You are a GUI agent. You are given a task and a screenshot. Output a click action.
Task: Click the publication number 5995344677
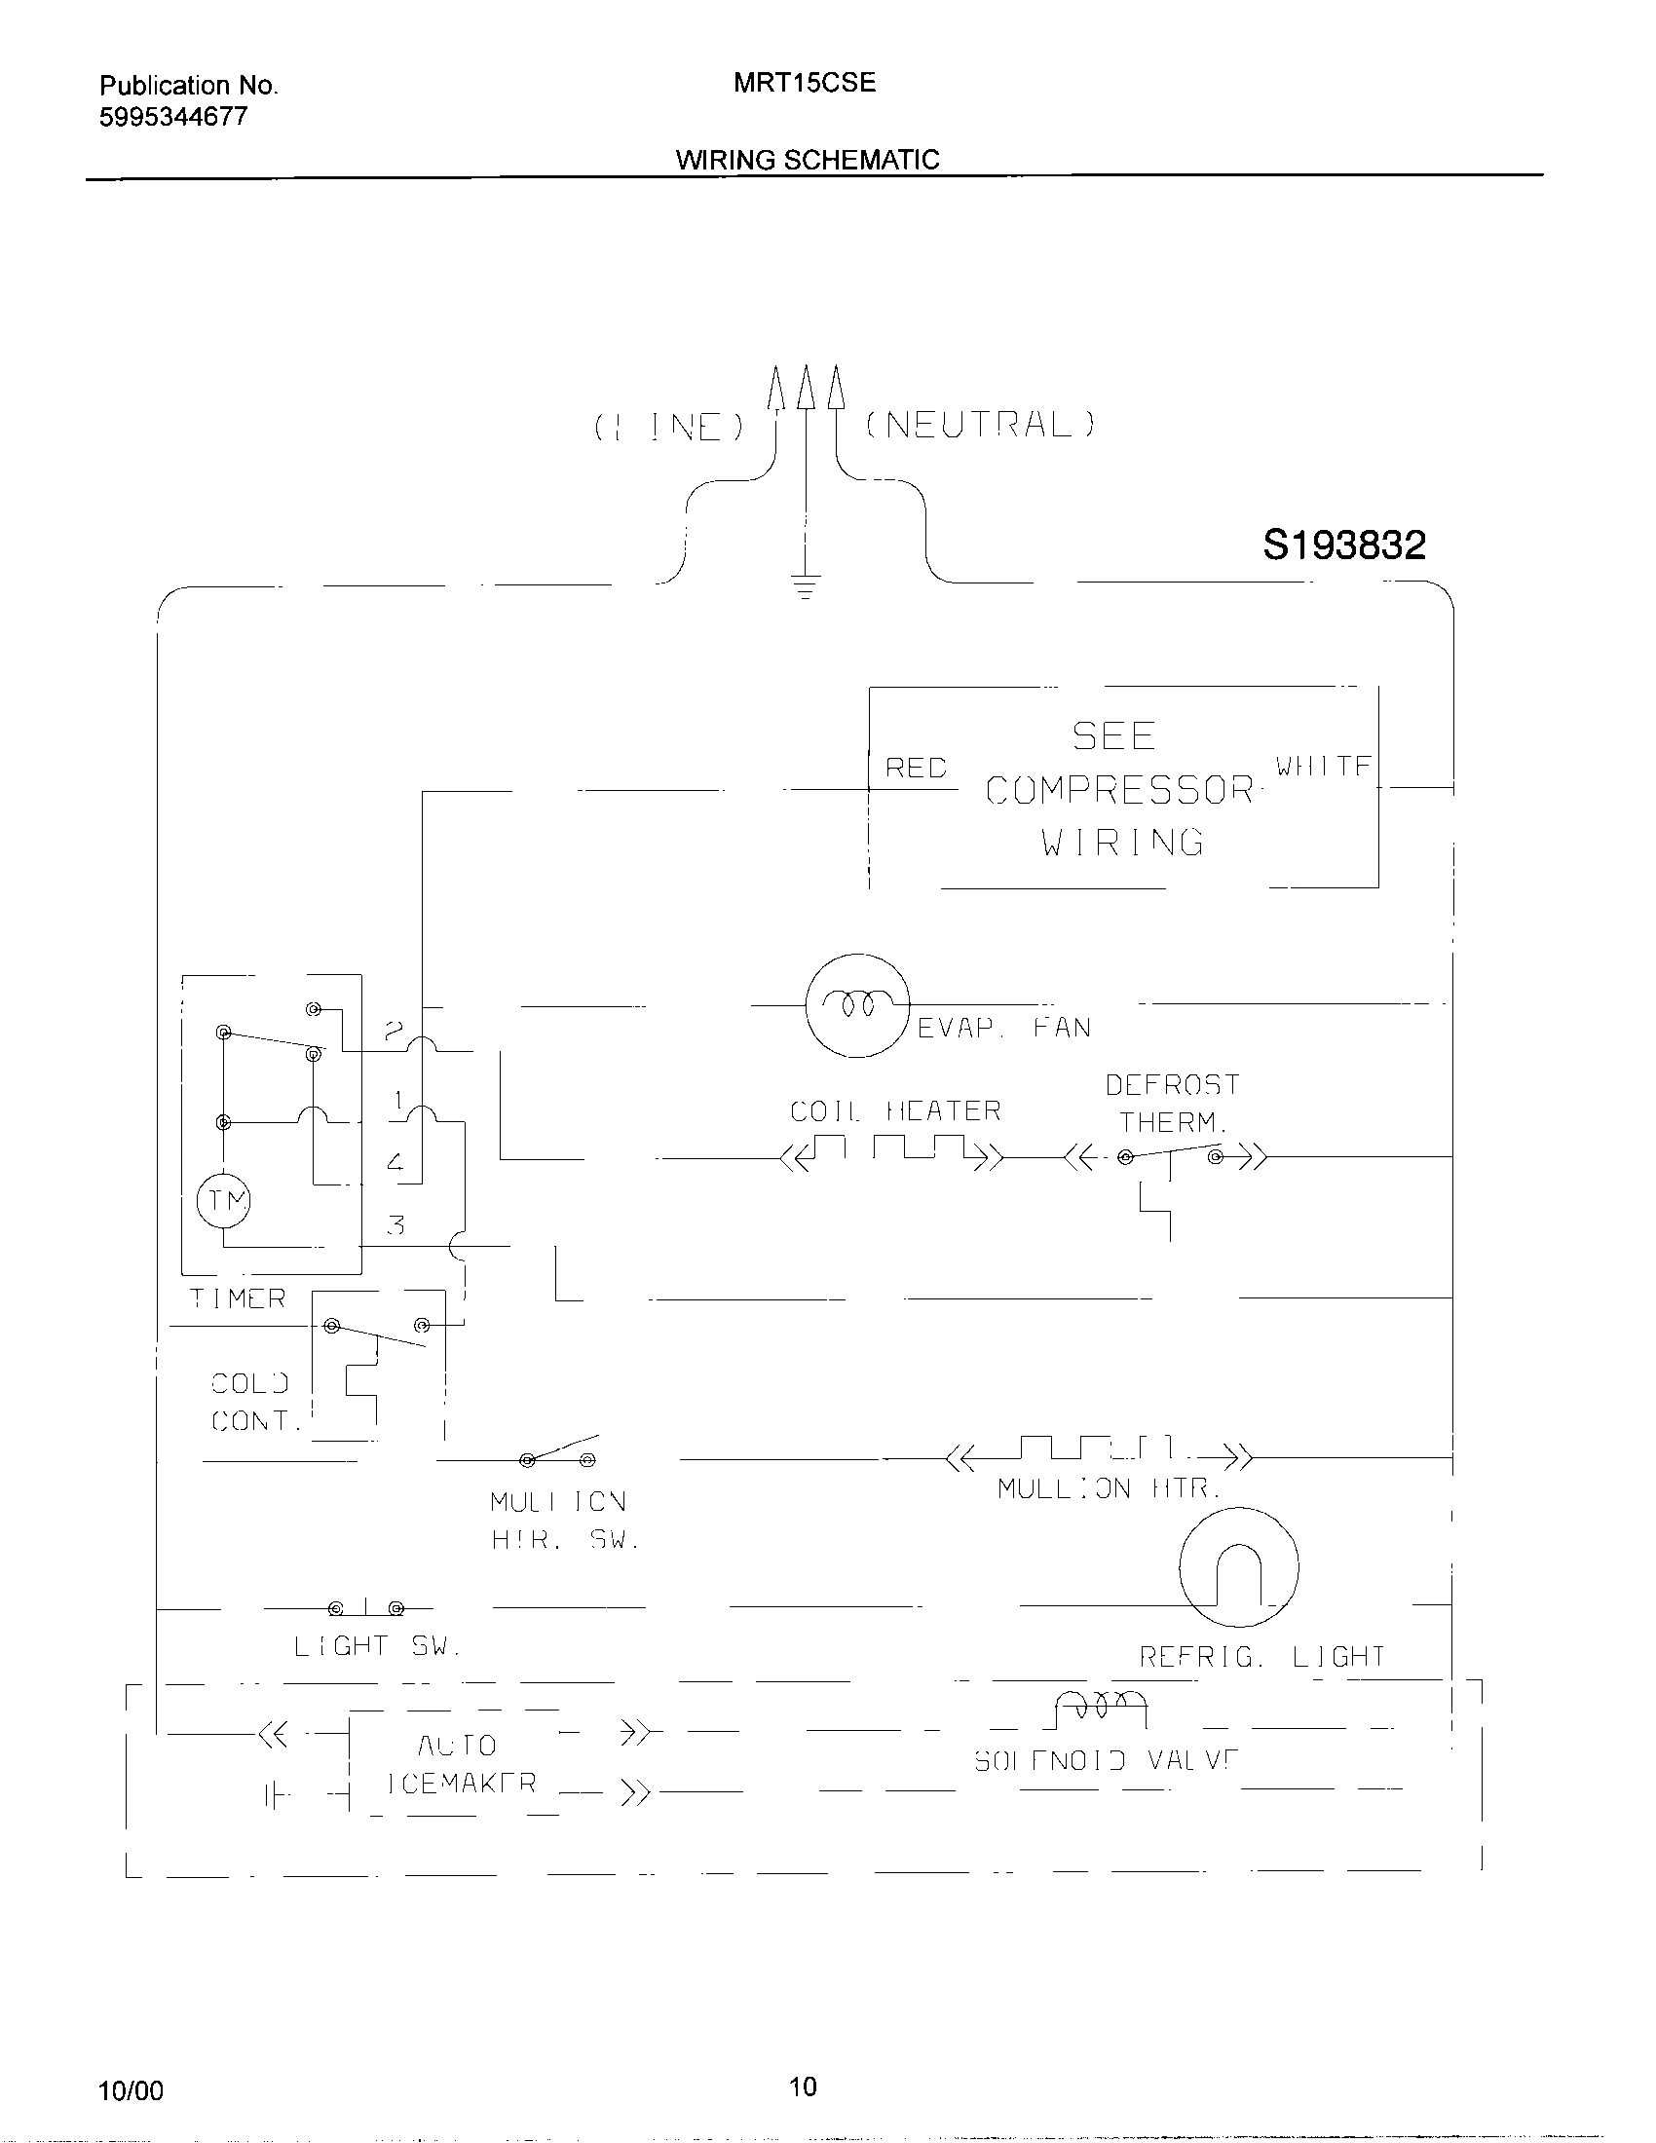pyautogui.click(x=173, y=117)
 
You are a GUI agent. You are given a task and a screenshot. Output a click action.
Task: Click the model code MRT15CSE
pyautogui.click(x=805, y=83)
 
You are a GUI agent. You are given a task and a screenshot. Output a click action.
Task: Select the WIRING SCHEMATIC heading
pyautogui.click(x=808, y=160)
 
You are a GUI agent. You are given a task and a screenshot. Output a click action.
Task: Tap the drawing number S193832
pyautogui.click(x=1344, y=545)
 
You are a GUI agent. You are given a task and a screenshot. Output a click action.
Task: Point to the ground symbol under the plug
pyautogui.click(x=806, y=586)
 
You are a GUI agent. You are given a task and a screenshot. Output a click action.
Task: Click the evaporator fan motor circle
pyautogui.click(x=857, y=1005)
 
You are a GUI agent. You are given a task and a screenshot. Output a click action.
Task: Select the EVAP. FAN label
pyautogui.click(x=1003, y=1028)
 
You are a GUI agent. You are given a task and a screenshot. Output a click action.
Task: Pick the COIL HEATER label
pyautogui.click(x=895, y=1110)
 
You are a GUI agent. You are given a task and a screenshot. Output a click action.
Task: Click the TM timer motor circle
pyautogui.click(x=225, y=1200)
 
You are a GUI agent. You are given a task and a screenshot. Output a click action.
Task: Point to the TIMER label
pyautogui.click(x=238, y=1298)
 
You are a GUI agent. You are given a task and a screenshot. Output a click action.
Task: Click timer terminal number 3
pyautogui.click(x=395, y=1224)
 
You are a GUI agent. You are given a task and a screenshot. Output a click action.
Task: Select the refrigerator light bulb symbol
pyautogui.click(x=1238, y=1567)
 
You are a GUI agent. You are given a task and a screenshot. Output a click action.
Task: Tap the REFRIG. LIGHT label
pyautogui.click(x=1261, y=1657)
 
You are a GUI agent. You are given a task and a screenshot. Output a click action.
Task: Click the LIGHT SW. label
pyautogui.click(x=377, y=1645)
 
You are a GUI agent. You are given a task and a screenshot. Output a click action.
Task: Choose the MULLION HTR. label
pyautogui.click(x=1109, y=1488)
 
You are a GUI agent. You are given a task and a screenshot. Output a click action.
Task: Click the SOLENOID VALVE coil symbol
pyautogui.click(x=1100, y=1711)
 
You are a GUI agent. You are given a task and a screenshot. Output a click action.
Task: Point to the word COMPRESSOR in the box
pyautogui.click(x=1119, y=790)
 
